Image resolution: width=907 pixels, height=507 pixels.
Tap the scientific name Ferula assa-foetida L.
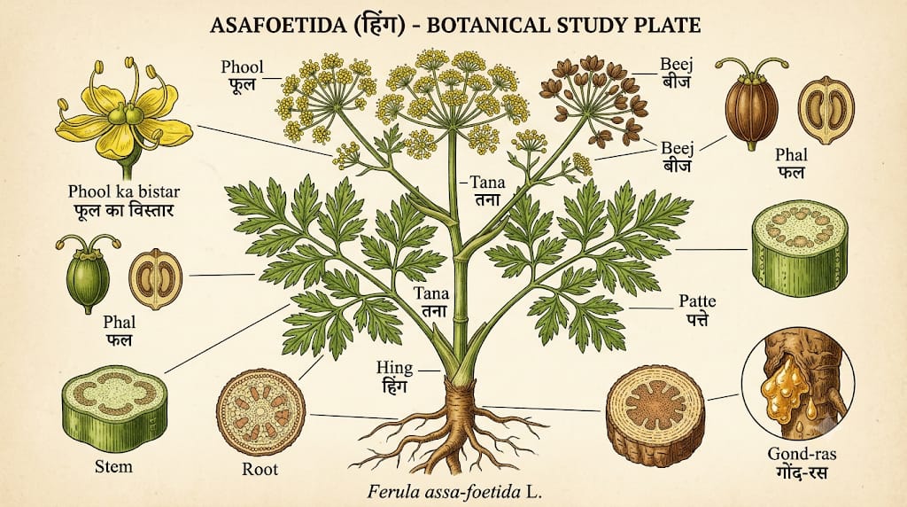[x=454, y=493]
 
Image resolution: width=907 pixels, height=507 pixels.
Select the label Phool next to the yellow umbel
[x=242, y=67]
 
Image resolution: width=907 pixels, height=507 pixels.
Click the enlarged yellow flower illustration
[x=123, y=116]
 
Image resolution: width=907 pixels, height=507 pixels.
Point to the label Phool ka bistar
[x=124, y=191]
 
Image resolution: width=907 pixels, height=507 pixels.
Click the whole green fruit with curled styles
[x=89, y=273]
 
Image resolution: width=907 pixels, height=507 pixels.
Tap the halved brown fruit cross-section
[x=826, y=110]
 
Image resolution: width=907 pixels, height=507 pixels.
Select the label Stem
[x=113, y=466]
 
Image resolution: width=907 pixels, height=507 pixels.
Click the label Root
[x=260, y=469]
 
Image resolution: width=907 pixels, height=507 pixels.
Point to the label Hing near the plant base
[x=394, y=368]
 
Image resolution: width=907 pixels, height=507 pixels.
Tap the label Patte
[x=698, y=301]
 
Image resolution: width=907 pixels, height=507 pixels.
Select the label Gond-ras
[x=802, y=453]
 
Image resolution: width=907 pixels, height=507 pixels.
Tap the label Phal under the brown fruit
[x=791, y=155]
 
